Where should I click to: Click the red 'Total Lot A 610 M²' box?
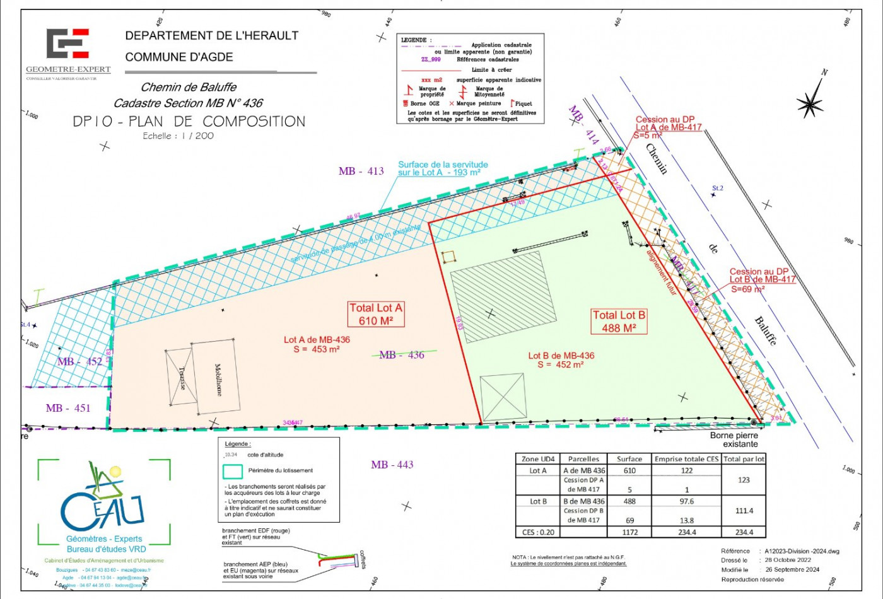[x=376, y=314]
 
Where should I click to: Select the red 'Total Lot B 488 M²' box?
[x=619, y=321]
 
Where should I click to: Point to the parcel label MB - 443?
[x=392, y=465]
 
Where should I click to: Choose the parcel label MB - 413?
[x=361, y=171]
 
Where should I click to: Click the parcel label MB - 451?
[x=68, y=408]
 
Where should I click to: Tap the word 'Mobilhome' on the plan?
[x=218, y=380]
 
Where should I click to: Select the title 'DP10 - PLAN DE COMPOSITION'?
[x=189, y=121]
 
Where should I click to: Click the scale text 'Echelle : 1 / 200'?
[x=178, y=136]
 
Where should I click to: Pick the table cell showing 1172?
[x=629, y=532]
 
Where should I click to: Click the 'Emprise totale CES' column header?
[x=686, y=459]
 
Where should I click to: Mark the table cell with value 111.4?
[x=744, y=511]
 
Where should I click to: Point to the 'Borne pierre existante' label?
[x=734, y=439]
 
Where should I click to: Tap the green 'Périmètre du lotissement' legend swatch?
[x=233, y=470]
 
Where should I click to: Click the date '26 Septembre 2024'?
[x=792, y=569]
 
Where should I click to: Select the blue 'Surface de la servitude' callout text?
[x=443, y=168]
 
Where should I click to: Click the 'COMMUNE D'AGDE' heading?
[x=179, y=57]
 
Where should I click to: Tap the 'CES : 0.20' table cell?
[x=538, y=532]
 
